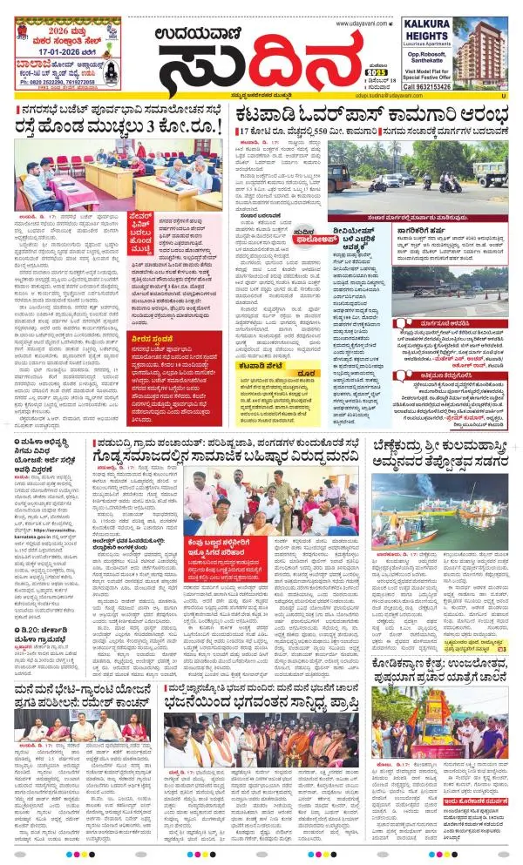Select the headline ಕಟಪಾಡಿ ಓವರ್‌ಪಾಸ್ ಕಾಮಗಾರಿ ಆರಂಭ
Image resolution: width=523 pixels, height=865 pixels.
371,111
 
